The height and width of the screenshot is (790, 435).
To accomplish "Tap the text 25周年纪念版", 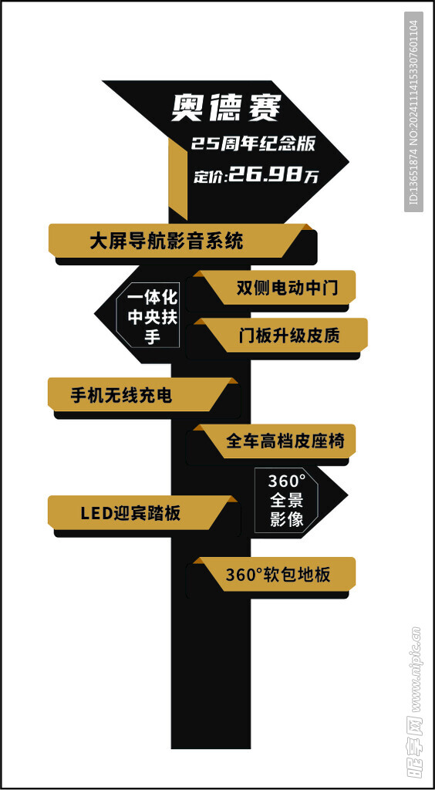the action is point(253,144).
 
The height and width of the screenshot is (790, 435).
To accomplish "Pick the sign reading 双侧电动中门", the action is point(275,288).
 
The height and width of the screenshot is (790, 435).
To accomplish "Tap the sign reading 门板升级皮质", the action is point(281,335).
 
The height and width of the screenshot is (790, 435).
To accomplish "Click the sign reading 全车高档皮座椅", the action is point(275,441).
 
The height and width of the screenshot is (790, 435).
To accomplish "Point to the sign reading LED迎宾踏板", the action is point(142,513).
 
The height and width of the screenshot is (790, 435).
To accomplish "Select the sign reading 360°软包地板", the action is point(275,574).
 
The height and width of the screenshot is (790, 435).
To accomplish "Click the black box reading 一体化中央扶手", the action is point(149,317).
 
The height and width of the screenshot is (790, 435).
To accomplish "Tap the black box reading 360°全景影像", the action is point(286,500).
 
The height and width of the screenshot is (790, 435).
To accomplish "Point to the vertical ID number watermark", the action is point(414,112).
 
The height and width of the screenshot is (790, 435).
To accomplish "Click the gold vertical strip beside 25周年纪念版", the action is point(177,179).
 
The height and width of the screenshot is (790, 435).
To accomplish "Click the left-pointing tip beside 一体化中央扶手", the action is point(95,315).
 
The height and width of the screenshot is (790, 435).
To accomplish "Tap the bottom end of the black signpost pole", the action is point(211,748).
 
